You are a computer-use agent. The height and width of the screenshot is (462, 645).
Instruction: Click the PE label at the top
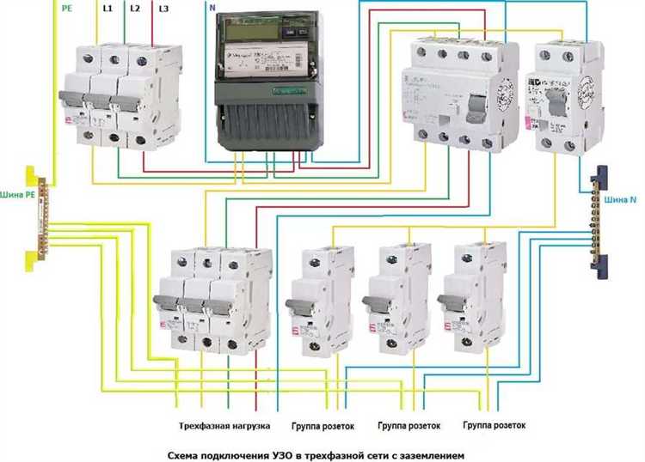tap(66, 7)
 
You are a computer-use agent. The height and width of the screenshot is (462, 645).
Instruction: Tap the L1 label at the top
tap(107, 7)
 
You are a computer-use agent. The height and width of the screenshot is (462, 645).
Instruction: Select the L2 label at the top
tap(135, 7)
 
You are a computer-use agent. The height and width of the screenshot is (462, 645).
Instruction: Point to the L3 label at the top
tap(163, 7)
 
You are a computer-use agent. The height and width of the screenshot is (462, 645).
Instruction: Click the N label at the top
tap(212, 7)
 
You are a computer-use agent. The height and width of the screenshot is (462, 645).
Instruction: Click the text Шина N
tap(621, 200)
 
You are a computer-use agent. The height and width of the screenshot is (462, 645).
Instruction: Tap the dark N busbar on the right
tap(595, 228)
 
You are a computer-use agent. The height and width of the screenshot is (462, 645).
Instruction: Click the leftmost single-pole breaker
tap(317, 301)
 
